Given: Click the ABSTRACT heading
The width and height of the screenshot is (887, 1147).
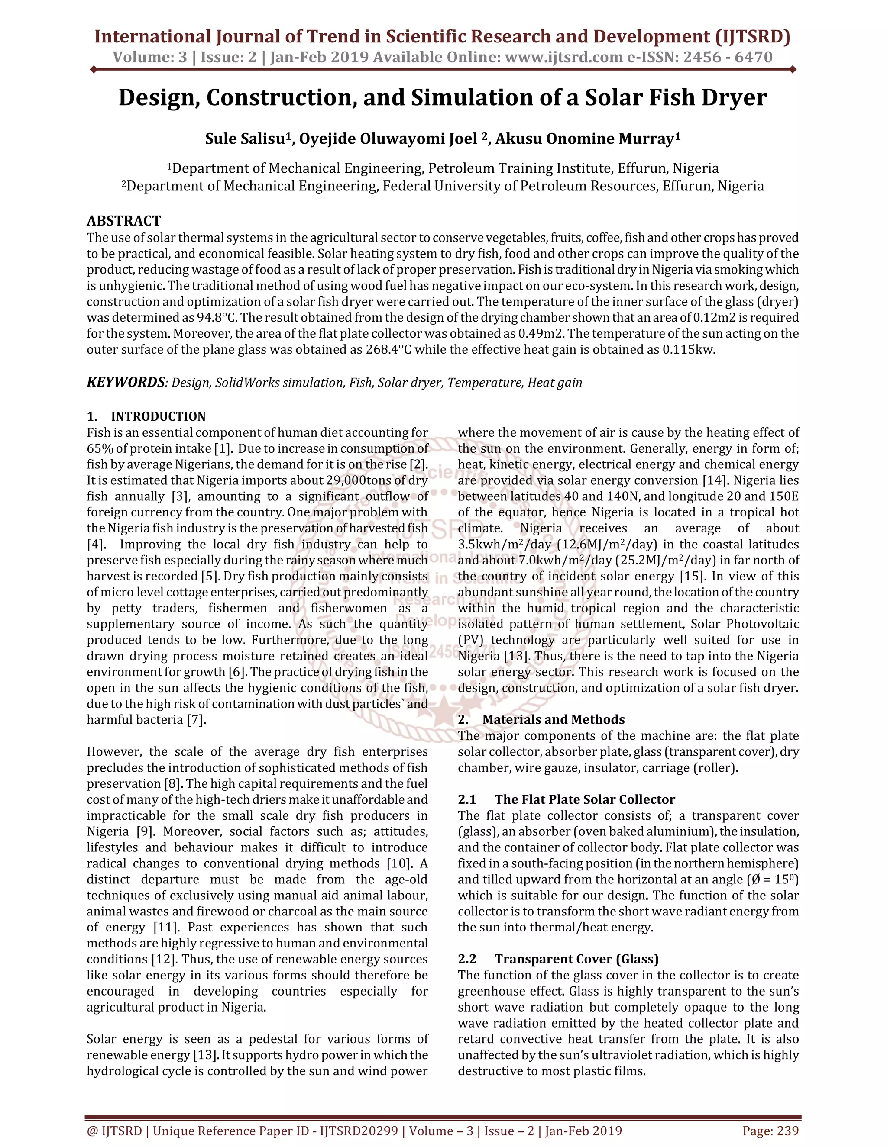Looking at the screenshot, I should pyautogui.click(x=123, y=221).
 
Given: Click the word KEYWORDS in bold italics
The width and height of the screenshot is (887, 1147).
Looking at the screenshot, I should pyautogui.click(x=126, y=382).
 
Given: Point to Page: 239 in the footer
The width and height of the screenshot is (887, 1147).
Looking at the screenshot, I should pyautogui.click(x=770, y=1131).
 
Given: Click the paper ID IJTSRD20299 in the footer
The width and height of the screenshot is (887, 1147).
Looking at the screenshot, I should pyautogui.click(x=359, y=1131).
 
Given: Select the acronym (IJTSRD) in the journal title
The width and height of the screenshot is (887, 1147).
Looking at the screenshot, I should pyautogui.click(x=752, y=36).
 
